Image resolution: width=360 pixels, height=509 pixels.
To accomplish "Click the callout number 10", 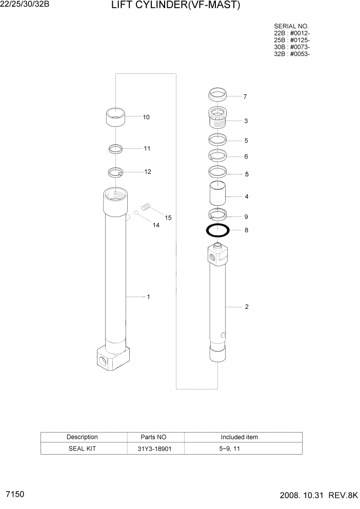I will [146, 117].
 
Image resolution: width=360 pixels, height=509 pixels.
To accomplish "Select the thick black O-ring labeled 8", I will [217, 230].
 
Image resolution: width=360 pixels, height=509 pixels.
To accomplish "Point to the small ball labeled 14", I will [136, 213].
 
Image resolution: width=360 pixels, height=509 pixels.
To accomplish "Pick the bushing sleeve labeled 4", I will [217, 195].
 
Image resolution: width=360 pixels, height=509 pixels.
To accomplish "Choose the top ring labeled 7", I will [217, 95].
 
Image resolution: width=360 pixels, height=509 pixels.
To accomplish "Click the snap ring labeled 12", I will [116, 172].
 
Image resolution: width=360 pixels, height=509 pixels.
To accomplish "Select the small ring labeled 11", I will [116, 149].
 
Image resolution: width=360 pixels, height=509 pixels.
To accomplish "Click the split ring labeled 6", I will [217, 156].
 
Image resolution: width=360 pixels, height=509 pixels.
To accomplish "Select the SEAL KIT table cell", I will [82, 448].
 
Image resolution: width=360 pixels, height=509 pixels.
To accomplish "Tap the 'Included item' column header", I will [239, 437].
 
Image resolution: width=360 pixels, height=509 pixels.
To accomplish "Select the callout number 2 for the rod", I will [247, 307].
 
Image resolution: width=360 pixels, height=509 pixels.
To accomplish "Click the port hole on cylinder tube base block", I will [104, 362].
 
